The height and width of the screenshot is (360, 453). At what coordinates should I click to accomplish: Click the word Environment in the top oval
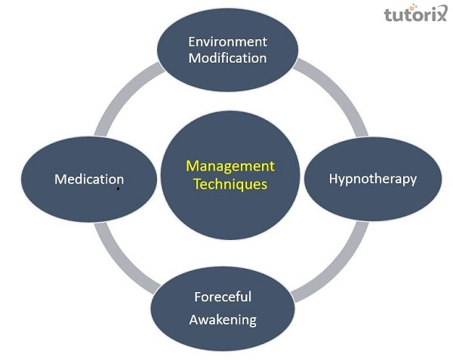226,41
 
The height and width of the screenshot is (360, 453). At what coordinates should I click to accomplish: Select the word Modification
226,58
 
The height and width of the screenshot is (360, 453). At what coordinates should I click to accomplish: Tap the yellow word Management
230,166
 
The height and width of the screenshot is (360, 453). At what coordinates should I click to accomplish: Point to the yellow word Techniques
230,183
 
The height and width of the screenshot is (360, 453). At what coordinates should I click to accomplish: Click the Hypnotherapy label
373,179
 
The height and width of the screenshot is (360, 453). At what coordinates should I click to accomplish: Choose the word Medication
89,180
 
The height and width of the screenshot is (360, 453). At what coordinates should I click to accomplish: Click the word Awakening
223,319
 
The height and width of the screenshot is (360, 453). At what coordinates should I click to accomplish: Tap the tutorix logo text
415,16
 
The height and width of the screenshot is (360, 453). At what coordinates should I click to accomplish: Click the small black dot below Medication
118,189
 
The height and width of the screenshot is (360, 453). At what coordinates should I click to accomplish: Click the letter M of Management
191,166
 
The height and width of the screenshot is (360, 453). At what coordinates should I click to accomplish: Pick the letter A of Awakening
193,319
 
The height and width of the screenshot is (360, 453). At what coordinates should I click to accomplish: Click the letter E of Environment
193,41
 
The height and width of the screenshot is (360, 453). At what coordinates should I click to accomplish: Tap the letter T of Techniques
196,183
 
